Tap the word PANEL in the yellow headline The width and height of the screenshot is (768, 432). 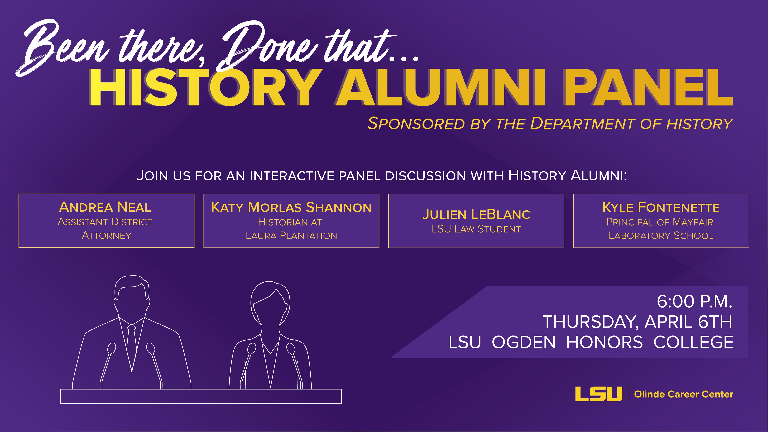pyautogui.click(x=648, y=88)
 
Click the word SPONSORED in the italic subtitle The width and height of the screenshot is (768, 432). pyautogui.click(x=416, y=124)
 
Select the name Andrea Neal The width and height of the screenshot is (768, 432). pyautogui.click(x=105, y=207)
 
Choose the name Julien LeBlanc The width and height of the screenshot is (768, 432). pyautogui.click(x=476, y=214)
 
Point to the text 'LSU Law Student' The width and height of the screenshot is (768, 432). pyautogui.click(x=476, y=229)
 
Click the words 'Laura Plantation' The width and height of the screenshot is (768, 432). pyautogui.click(x=291, y=236)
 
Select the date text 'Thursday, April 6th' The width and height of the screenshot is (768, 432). pyautogui.click(x=637, y=322)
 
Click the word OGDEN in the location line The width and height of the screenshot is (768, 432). pyautogui.click(x=524, y=342)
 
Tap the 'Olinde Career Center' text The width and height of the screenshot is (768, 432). pyautogui.click(x=683, y=394)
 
